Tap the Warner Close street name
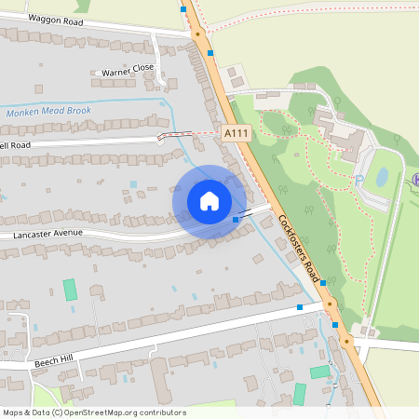click(x=128, y=69)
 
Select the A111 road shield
click(x=237, y=134)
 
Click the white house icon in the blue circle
click(x=209, y=201)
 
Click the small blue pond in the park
click(x=382, y=176)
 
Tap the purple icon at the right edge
click(x=415, y=178)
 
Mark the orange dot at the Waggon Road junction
click(x=197, y=34)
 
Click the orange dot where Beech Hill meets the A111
click(x=329, y=304)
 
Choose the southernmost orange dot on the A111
click(x=345, y=342)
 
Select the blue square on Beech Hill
click(x=300, y=306)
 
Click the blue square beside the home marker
click(x=236, y=220)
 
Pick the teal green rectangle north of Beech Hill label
click(x=70, y=289)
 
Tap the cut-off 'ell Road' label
click(x=16, y=145)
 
